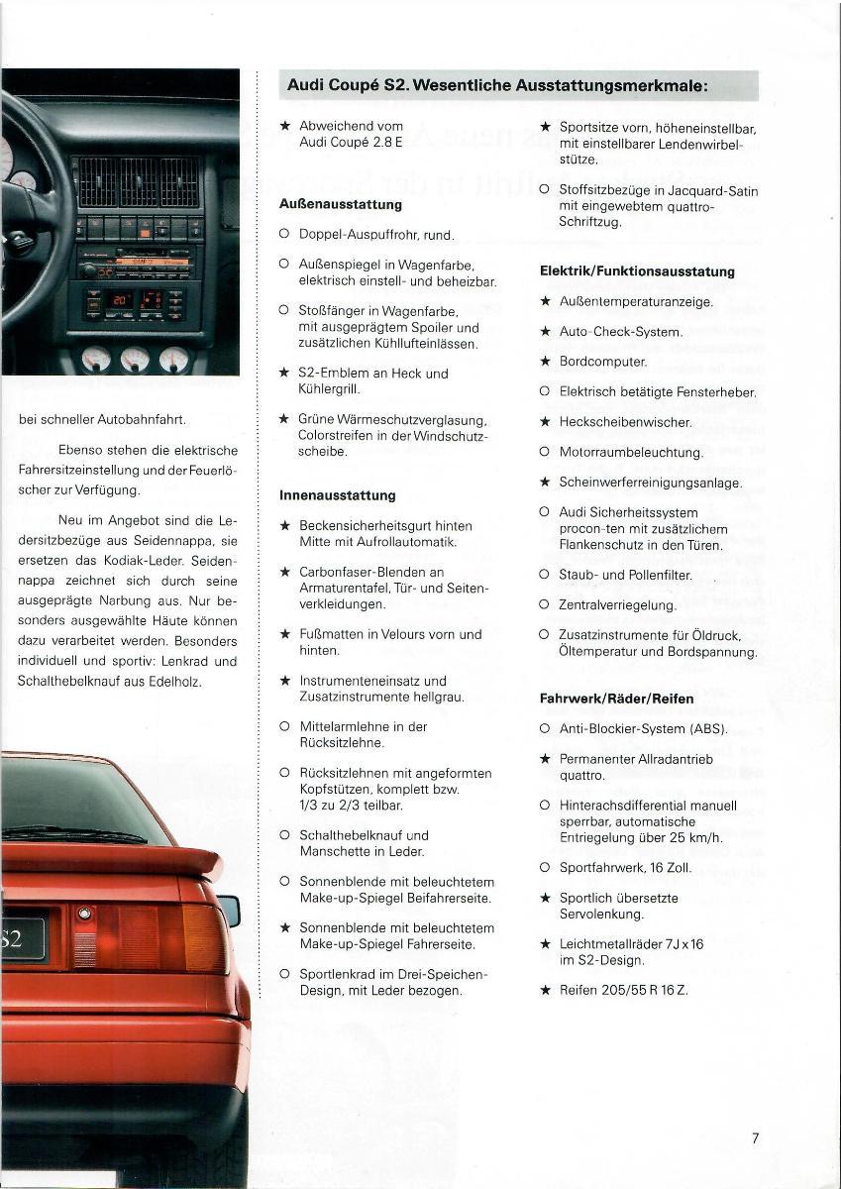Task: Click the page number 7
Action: [x=755, y=1138]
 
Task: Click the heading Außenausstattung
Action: [x=340, y=204]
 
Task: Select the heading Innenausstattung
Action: [x=337, y=495]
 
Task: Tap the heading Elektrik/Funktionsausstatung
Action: [x=637, y=271]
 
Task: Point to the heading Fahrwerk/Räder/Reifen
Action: [x=616, y=699]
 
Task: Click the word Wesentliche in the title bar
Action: [x=462, y=85]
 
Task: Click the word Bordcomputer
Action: [x=602, y=362]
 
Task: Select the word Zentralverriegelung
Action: [x=617, y=604]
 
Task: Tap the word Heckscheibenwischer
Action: [x=624, y=422]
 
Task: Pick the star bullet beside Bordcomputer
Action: [x=545, y=362]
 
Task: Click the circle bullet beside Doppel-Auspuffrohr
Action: [x=284, y=235]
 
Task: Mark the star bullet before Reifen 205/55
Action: [x=545, y=990]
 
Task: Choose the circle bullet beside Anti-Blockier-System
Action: [x=545, y=729]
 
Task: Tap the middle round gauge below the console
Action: [x=135, y=359]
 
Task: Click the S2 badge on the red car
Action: [x=20, y=935]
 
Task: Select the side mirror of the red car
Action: [x=229, y=910]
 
